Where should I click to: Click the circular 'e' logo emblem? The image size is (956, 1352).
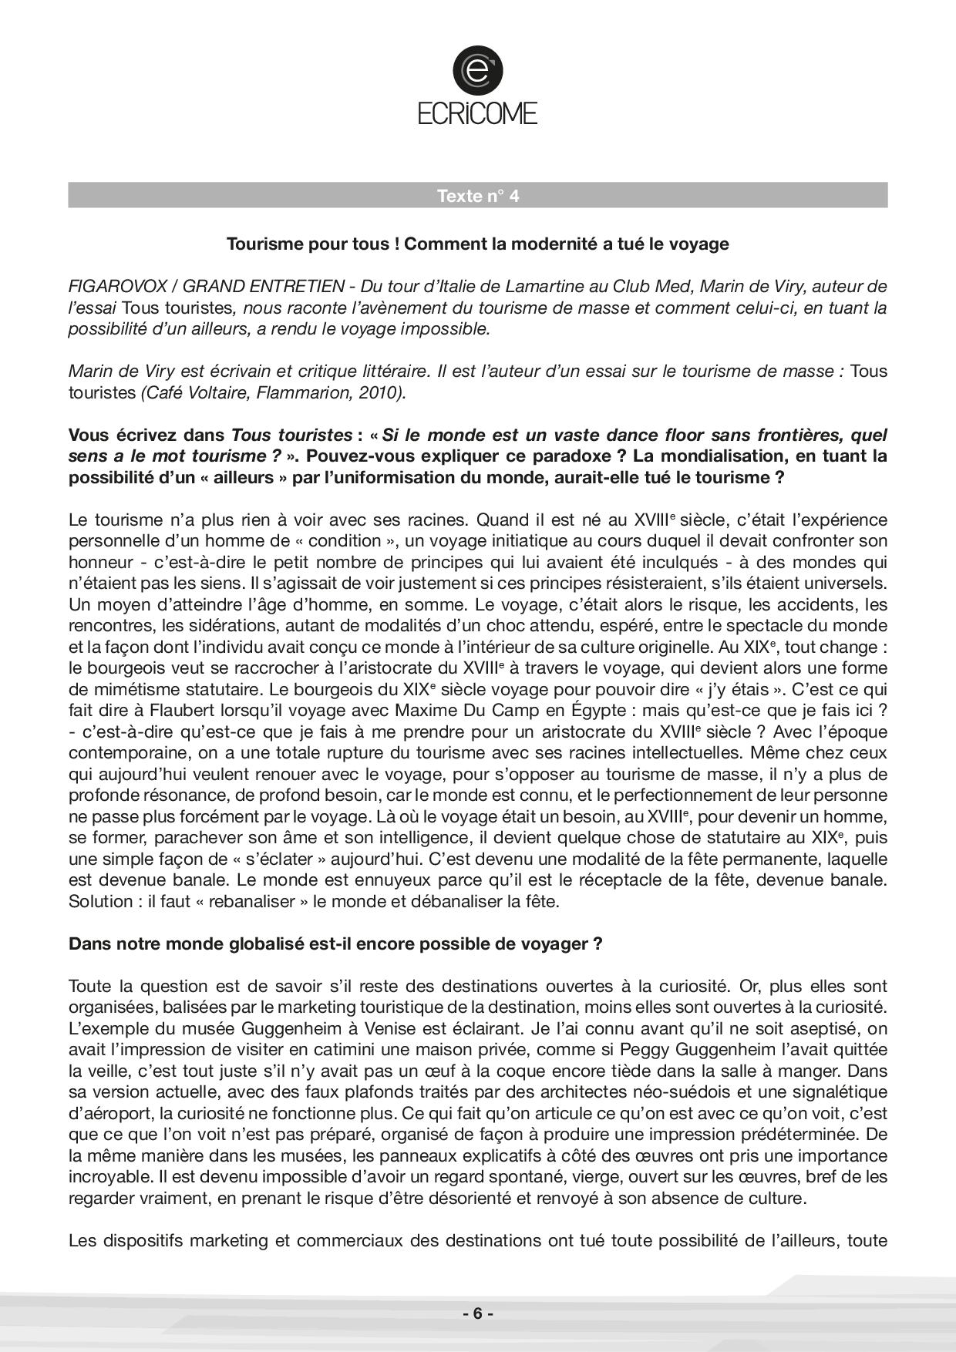(478, 70)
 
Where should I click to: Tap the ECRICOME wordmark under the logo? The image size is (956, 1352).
(478, 114)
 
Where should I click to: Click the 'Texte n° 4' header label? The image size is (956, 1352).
(478, 196)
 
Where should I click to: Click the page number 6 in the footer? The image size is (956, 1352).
(478, 1313)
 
